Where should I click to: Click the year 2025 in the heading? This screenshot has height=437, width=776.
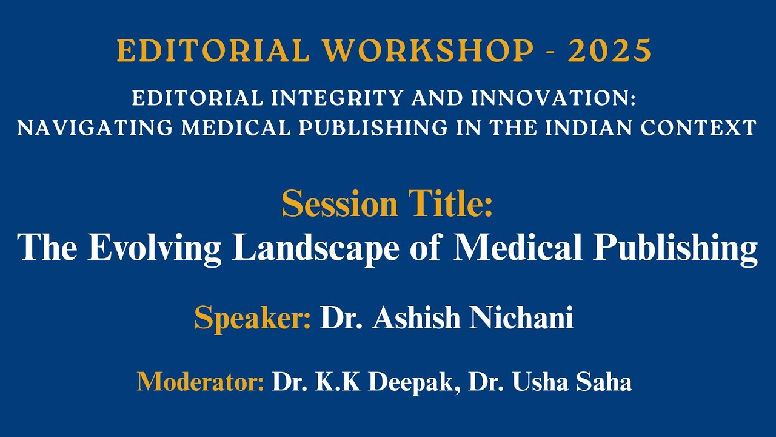[609, 51]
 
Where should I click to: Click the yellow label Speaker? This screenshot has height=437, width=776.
[252, 317]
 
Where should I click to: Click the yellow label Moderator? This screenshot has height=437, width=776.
[201, 382]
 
